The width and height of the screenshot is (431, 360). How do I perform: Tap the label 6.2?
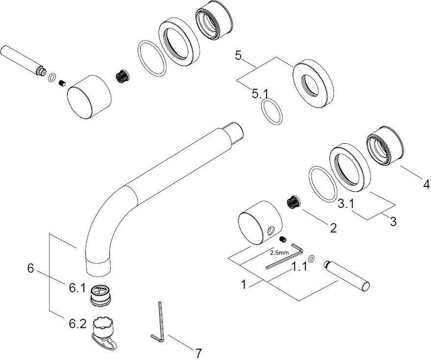coord(78,324)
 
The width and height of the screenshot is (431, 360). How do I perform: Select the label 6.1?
coord(77,288)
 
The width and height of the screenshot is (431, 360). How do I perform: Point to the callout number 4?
coord(426,184)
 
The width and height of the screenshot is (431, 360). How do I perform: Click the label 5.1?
coord(260,93)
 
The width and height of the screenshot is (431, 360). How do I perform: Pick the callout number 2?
coord(333,228)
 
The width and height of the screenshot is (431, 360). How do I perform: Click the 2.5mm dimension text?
coord(279,253)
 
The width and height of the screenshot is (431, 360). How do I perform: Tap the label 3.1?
coord(346,204)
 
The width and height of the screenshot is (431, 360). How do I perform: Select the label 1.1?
coord(299,266)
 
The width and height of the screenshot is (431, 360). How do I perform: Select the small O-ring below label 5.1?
coord(272,111)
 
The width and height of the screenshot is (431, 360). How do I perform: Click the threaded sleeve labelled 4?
coord(385,146)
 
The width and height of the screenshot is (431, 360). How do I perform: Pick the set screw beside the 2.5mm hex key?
coord(283,239)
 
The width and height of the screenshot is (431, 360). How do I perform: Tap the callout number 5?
coord(238,56)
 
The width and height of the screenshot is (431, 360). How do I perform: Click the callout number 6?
coord(31,268)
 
